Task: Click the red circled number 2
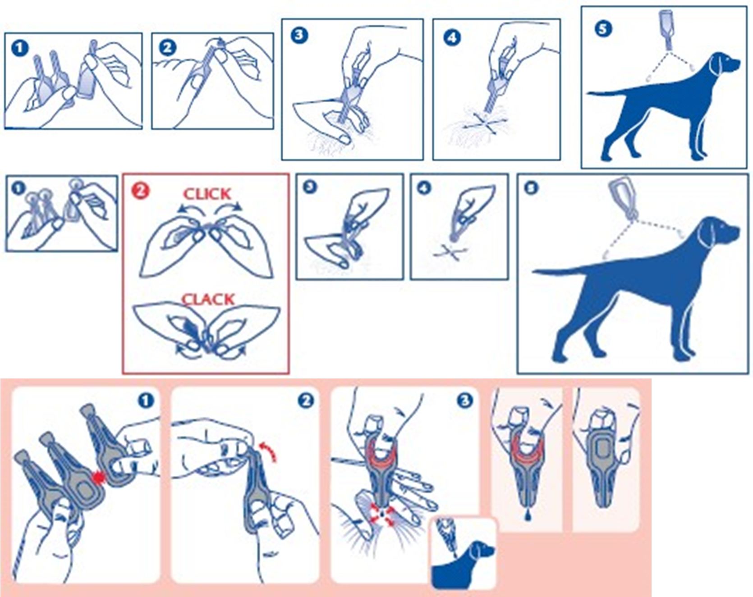[140, 191]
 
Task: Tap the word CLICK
[207, 194]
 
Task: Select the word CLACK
[208, 299]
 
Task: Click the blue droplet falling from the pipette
[528, 515]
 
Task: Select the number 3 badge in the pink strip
[464, 400]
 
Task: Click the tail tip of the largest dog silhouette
[534, 272]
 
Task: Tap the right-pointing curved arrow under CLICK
[229, 206]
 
